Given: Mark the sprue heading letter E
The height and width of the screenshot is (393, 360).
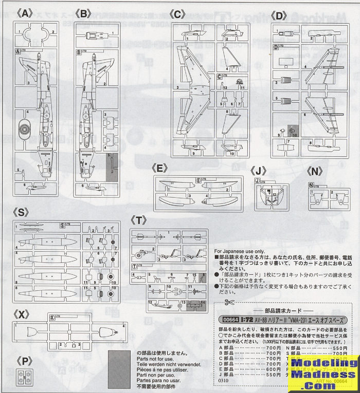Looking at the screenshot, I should click(x=161, y=167).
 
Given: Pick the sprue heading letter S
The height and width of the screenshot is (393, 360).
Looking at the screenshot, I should click(x=23, y=212).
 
